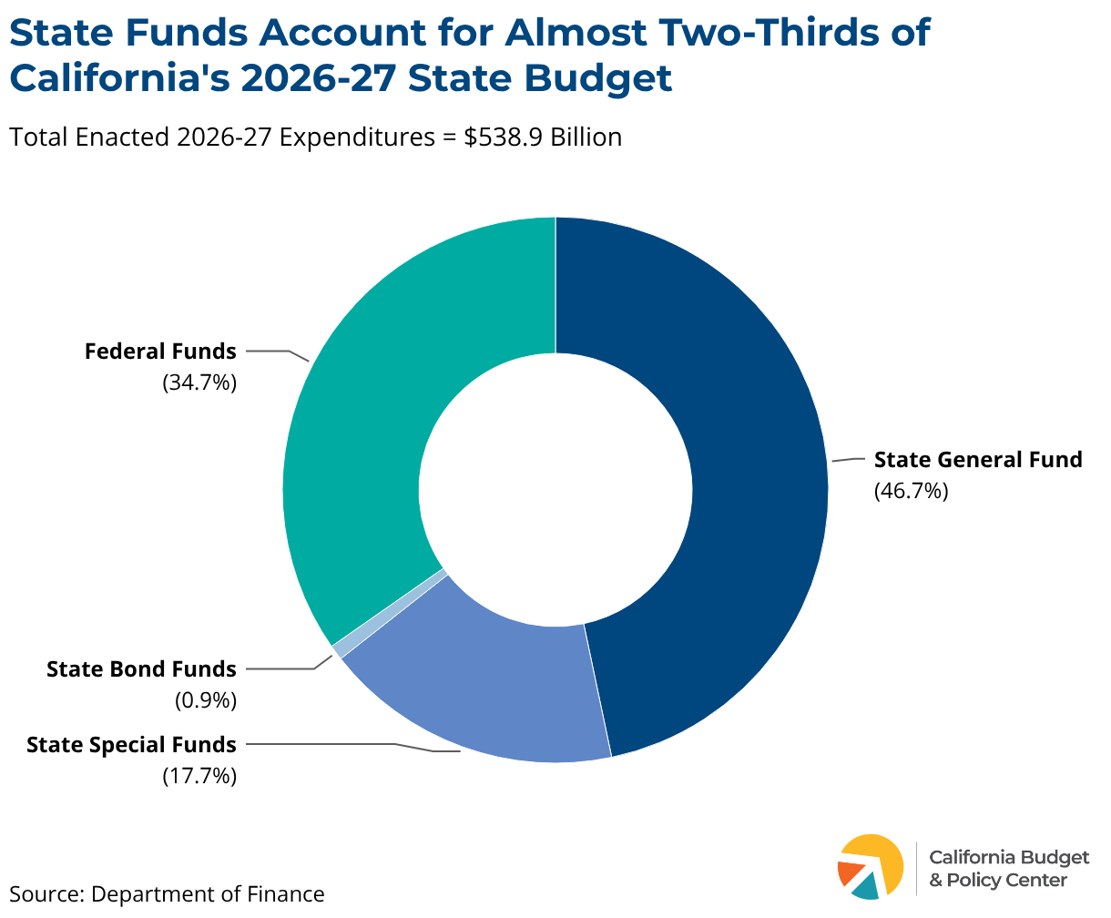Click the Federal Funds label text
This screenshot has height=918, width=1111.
(160, 352)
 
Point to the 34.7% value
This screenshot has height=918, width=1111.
(199, 382)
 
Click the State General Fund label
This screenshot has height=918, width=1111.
(978, 459)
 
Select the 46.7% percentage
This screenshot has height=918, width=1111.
(911, 491)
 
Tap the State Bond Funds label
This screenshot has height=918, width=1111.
(141, 669)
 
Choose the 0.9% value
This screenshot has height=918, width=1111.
(206, 700)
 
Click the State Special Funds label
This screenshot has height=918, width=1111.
(131, 745)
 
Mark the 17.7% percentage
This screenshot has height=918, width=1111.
(199, 776)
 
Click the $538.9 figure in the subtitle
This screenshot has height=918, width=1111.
(504, 137)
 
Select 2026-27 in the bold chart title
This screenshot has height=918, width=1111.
(318, 78)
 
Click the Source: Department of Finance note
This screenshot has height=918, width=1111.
(167, 894)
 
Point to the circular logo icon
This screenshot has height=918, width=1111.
(870, 867)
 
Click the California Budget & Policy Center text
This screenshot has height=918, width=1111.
(1009, 869)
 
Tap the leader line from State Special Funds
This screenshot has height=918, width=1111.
(353, 746)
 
